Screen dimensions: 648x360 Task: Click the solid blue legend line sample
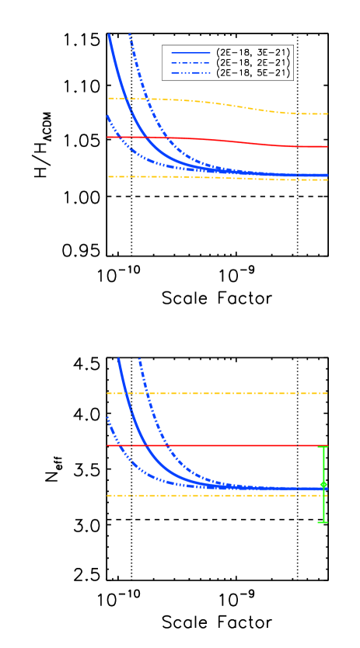(x=190, y=53)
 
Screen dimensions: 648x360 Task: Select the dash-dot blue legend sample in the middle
(x=190, y=63)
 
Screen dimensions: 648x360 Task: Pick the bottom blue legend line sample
(x=190, y=73)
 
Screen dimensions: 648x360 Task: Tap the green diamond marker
(x=323, y=484)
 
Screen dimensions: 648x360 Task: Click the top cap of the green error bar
(x=323, y=447)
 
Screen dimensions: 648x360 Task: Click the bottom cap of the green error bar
(x=323, y=522)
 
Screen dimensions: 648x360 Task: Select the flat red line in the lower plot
(x=218, y=446)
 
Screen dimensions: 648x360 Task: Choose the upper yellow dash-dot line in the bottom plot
(x=218, y=393)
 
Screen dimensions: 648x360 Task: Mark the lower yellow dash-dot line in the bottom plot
(x=218, y=495)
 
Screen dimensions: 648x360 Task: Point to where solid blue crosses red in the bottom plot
(x=145, y=446)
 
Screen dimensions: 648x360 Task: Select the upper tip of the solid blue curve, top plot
(x=109, y=35)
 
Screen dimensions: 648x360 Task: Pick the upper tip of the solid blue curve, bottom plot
(x=118, y=358)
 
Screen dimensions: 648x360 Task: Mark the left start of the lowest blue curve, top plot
(x=107, y=116)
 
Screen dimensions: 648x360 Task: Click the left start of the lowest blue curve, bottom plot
(x=107, y=417)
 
